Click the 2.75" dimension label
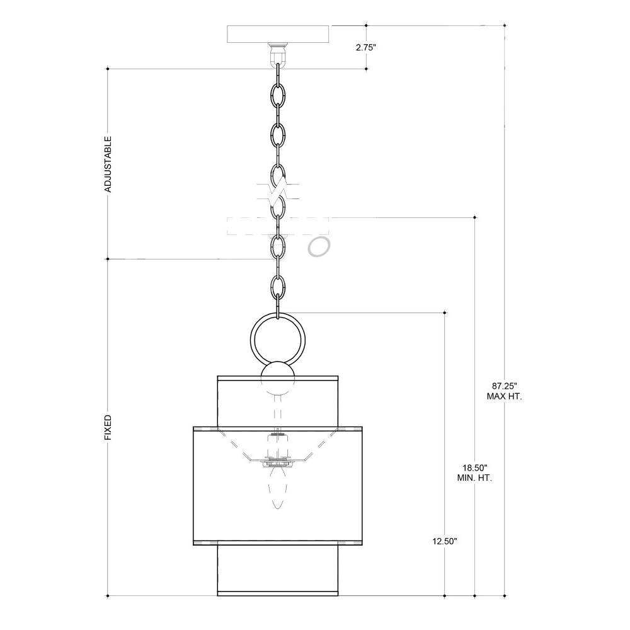coord(365,47)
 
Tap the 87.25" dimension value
coord(505,386)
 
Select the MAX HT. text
coord(505,396)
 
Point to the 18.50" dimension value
coord(475,467)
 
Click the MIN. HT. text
coord(475,478)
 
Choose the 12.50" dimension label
coord(445,541)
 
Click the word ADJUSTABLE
coord(108,164)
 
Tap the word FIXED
coord(108,428)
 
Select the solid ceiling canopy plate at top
coord(278,34)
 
